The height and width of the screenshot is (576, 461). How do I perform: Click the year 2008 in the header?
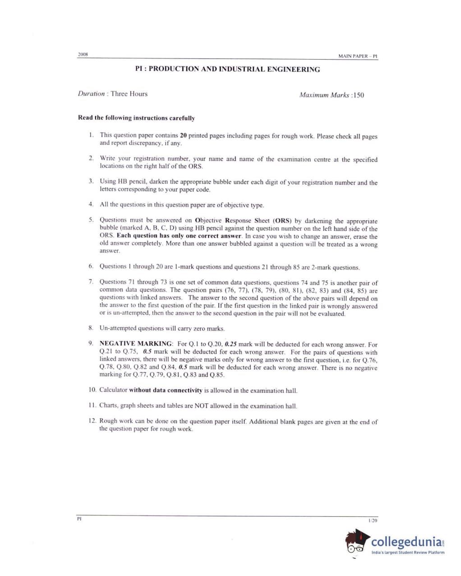point(83,55)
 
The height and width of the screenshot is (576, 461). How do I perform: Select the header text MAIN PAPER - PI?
point(358,56)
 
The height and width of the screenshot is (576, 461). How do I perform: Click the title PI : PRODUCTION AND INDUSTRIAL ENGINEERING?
point(228,69)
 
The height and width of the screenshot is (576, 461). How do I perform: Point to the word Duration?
point(91,94)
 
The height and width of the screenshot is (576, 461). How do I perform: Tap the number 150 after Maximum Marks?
point(358,95)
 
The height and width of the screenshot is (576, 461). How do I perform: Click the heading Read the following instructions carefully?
point(136,118)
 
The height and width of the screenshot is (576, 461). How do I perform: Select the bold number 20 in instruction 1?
point(183,135)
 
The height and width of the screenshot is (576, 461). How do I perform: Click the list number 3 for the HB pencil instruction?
point(91,181)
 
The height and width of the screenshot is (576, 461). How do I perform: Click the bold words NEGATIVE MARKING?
point(136,344)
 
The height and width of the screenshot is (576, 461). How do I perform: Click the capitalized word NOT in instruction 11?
point(201,406)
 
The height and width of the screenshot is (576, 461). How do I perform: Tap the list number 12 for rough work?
point(92,421)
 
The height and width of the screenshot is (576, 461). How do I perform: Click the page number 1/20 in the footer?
point(373,521)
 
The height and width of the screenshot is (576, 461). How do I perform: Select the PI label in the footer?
point(79,519)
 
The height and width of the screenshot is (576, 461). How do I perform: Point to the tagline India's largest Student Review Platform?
point(408,553)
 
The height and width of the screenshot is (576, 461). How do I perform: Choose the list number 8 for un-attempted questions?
point(91,328)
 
